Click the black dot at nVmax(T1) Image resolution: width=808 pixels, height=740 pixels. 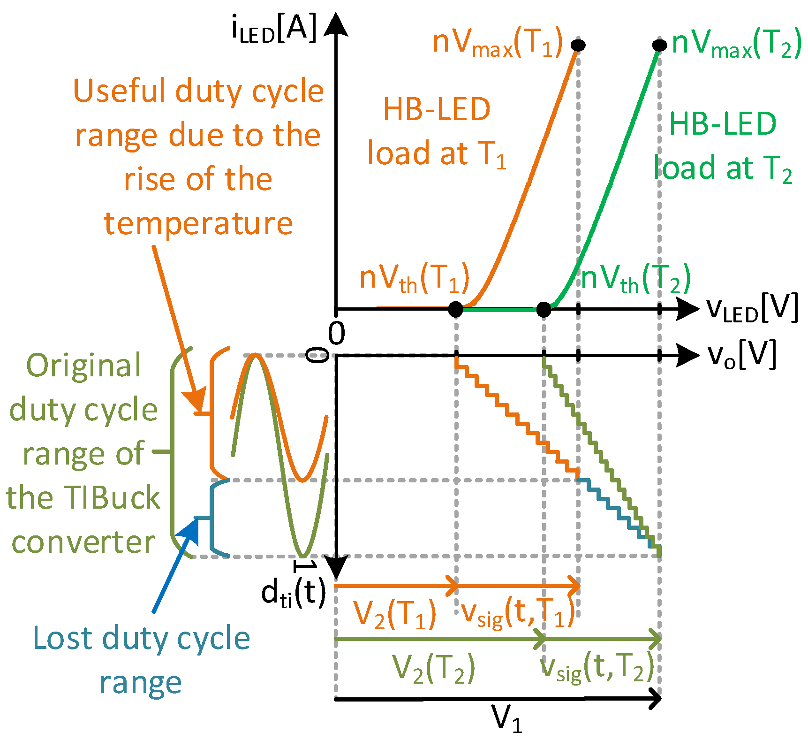click(x=578, y=45)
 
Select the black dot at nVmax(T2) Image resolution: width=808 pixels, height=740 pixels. click(x=659, y=45)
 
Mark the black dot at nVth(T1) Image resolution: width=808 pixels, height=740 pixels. click(x=455, y=309)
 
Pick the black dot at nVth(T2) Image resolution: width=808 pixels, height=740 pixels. click(x=544, y=309)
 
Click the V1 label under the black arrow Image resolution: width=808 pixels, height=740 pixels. click(x=506, y=717)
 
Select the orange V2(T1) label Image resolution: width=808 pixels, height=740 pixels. click(x=394, y=614)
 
